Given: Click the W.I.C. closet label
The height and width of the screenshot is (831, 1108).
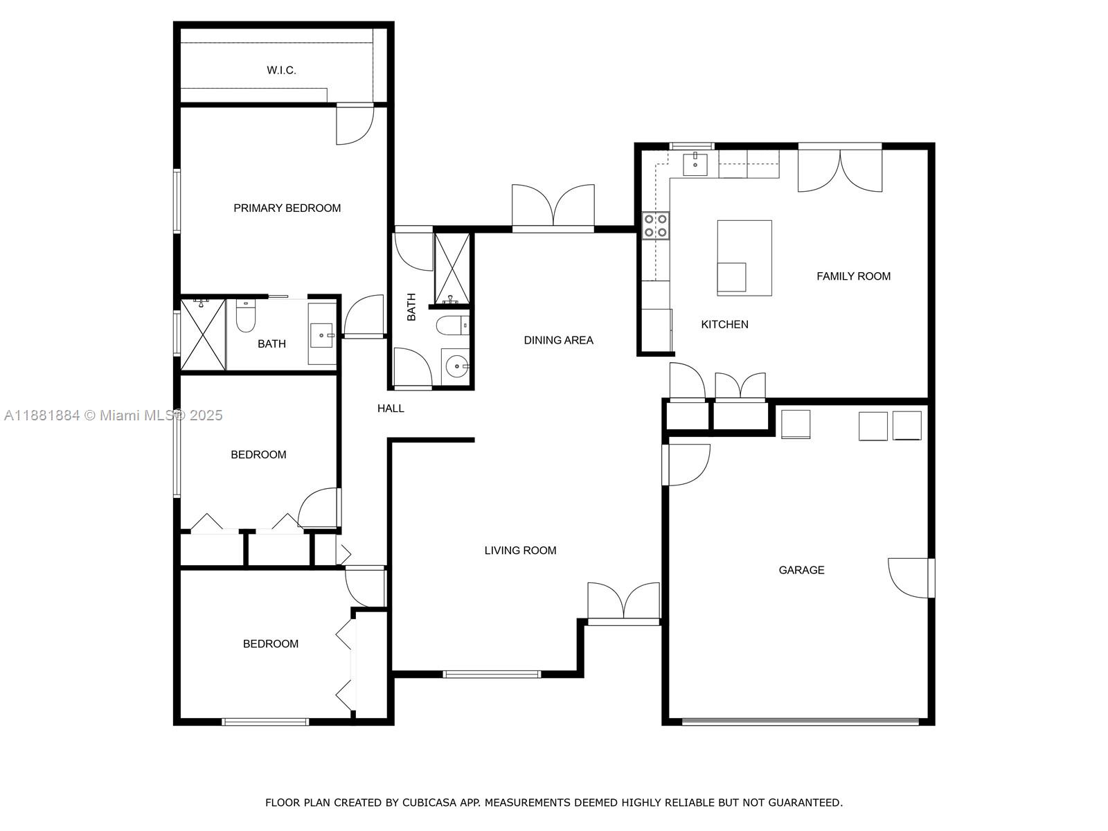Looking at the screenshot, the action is (x=281, y=70).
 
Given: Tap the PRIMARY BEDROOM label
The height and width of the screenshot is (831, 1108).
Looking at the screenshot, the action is (x=287, y=208).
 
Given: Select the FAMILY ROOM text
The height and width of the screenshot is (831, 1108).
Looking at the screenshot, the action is (x=853, y=276).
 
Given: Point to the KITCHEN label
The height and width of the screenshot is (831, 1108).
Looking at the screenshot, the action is (x=724, y=324).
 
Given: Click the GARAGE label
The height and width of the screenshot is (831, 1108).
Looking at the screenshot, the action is (x=801, y=570).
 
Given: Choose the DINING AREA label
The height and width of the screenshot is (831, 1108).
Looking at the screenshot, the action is (x=558, y=340).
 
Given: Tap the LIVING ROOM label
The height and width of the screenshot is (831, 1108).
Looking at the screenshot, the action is (x=520, y=551).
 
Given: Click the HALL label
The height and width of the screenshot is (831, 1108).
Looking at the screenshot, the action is (x=390, y=408).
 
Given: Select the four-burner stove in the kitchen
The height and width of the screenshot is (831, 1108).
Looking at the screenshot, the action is (x=656, y=226).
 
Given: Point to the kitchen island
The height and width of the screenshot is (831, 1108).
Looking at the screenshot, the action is (x=744, y=258).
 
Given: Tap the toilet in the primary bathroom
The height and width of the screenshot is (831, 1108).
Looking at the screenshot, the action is (x=245, y=316).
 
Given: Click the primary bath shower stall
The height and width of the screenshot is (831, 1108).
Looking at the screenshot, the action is (x=203, y=335).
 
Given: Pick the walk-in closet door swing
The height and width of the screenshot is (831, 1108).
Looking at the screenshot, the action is (x=355, y=124).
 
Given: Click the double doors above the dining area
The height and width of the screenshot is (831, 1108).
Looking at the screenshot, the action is (x=553, y=207).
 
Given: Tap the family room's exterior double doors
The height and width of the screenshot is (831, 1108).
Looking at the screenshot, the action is (x=839, y=170).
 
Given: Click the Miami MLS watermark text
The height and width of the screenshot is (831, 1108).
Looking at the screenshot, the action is (x=113, y=415).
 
